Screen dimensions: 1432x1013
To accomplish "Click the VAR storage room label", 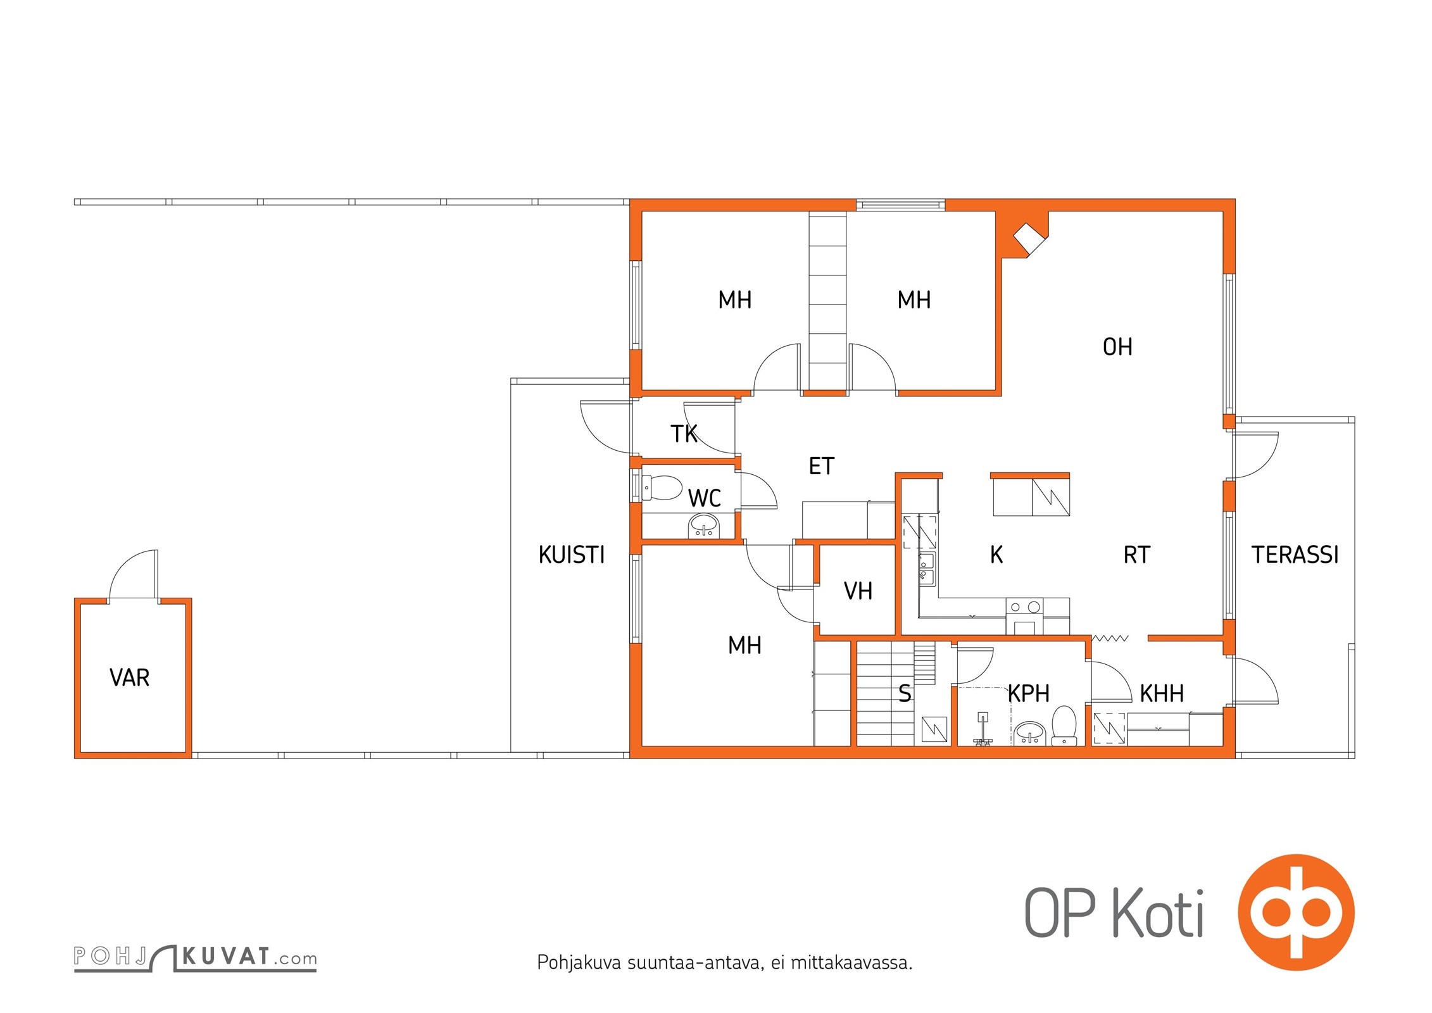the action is pos(130,677).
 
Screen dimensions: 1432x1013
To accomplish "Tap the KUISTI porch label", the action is pos(572,555).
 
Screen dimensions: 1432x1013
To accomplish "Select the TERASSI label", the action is pos(1295,555).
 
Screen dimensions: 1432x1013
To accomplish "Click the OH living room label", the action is pos(1117,347).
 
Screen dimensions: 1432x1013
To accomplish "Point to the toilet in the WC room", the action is pos(662,488).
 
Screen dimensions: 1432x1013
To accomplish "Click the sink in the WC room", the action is pos(704,526).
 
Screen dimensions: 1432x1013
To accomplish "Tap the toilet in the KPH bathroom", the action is pos(1064,726).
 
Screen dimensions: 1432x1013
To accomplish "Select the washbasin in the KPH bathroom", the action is pos(1030,733).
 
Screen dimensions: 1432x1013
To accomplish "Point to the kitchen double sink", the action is pos(927,569).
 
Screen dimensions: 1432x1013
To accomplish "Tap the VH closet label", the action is pos(858,591).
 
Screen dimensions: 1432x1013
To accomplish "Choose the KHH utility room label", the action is pos(1162,694).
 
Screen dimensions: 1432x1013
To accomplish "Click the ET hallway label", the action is pos(822,466).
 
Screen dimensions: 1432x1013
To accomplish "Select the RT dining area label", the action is pos(1136,555).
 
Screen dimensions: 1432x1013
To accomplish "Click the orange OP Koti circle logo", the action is pos(1296,912).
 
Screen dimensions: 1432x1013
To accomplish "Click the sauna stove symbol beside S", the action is pos(934,729).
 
